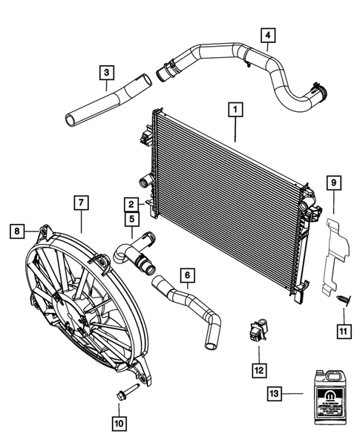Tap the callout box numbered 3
108,72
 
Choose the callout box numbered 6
189,276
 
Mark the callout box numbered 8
16,232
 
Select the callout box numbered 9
334,182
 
